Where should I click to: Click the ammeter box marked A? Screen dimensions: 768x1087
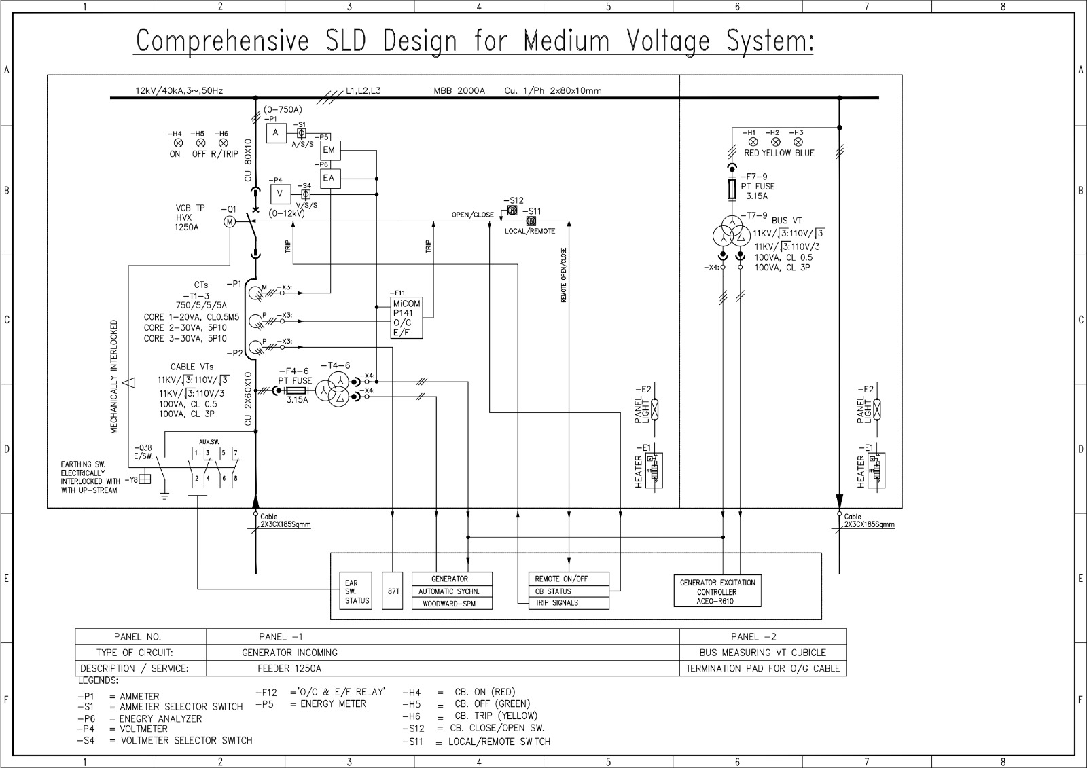point(275,133)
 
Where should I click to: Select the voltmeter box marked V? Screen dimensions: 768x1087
point(280,194)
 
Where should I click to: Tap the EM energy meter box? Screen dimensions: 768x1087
point(329,150)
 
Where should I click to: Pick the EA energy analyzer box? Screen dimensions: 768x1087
point(329,178)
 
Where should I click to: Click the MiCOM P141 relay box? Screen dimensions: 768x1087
point(406,318)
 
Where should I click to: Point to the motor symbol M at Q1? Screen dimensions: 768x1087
point(230,221)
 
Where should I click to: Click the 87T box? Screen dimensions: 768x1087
point(393,591)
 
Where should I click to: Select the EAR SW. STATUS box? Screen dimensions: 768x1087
point(357,591)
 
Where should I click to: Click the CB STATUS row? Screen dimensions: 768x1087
point(569,591)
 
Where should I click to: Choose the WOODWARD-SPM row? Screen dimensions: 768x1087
point(452,603)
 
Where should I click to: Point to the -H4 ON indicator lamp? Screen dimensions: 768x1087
point(178,143)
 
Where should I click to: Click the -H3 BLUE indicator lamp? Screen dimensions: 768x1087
point(798,142)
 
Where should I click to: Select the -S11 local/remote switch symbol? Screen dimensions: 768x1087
point(531,221)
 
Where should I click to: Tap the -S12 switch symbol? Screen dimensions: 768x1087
point(512,211)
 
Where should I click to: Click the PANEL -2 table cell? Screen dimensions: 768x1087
point(762,636)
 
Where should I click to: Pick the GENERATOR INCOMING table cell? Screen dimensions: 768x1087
point(289,653)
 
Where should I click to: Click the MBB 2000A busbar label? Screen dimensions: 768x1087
point(459,90)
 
